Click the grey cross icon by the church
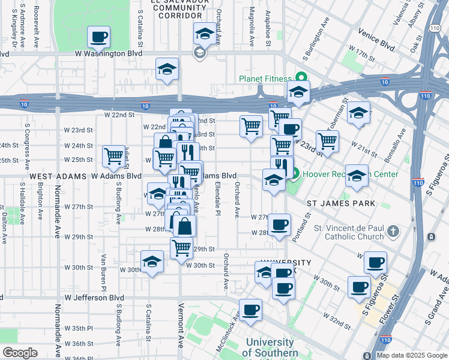393,231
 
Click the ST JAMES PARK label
341,203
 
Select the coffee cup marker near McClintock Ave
251,310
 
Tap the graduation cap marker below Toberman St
358,113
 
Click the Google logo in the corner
20,353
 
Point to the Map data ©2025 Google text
411,355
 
